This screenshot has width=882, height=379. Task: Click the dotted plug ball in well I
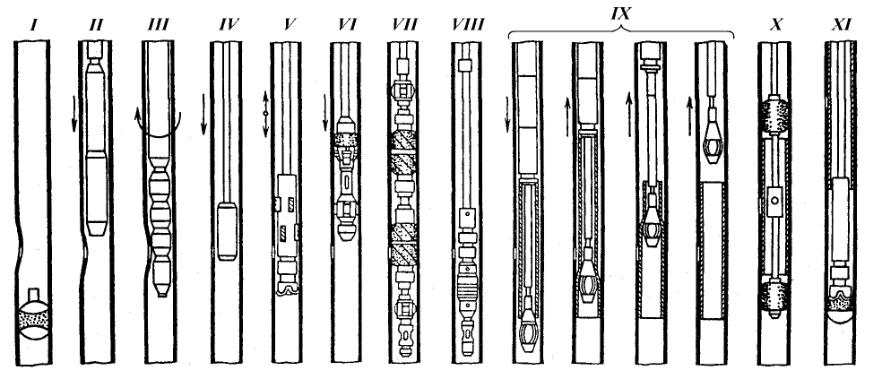pyautogui.click(x=35, y=315)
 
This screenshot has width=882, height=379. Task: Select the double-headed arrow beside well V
pyautogui.click(x=265, y=113)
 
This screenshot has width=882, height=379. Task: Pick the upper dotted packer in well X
pyautogui.click(x=775, y=116)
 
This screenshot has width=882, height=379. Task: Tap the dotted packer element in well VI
pyautogui.click(x=345, y=142)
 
